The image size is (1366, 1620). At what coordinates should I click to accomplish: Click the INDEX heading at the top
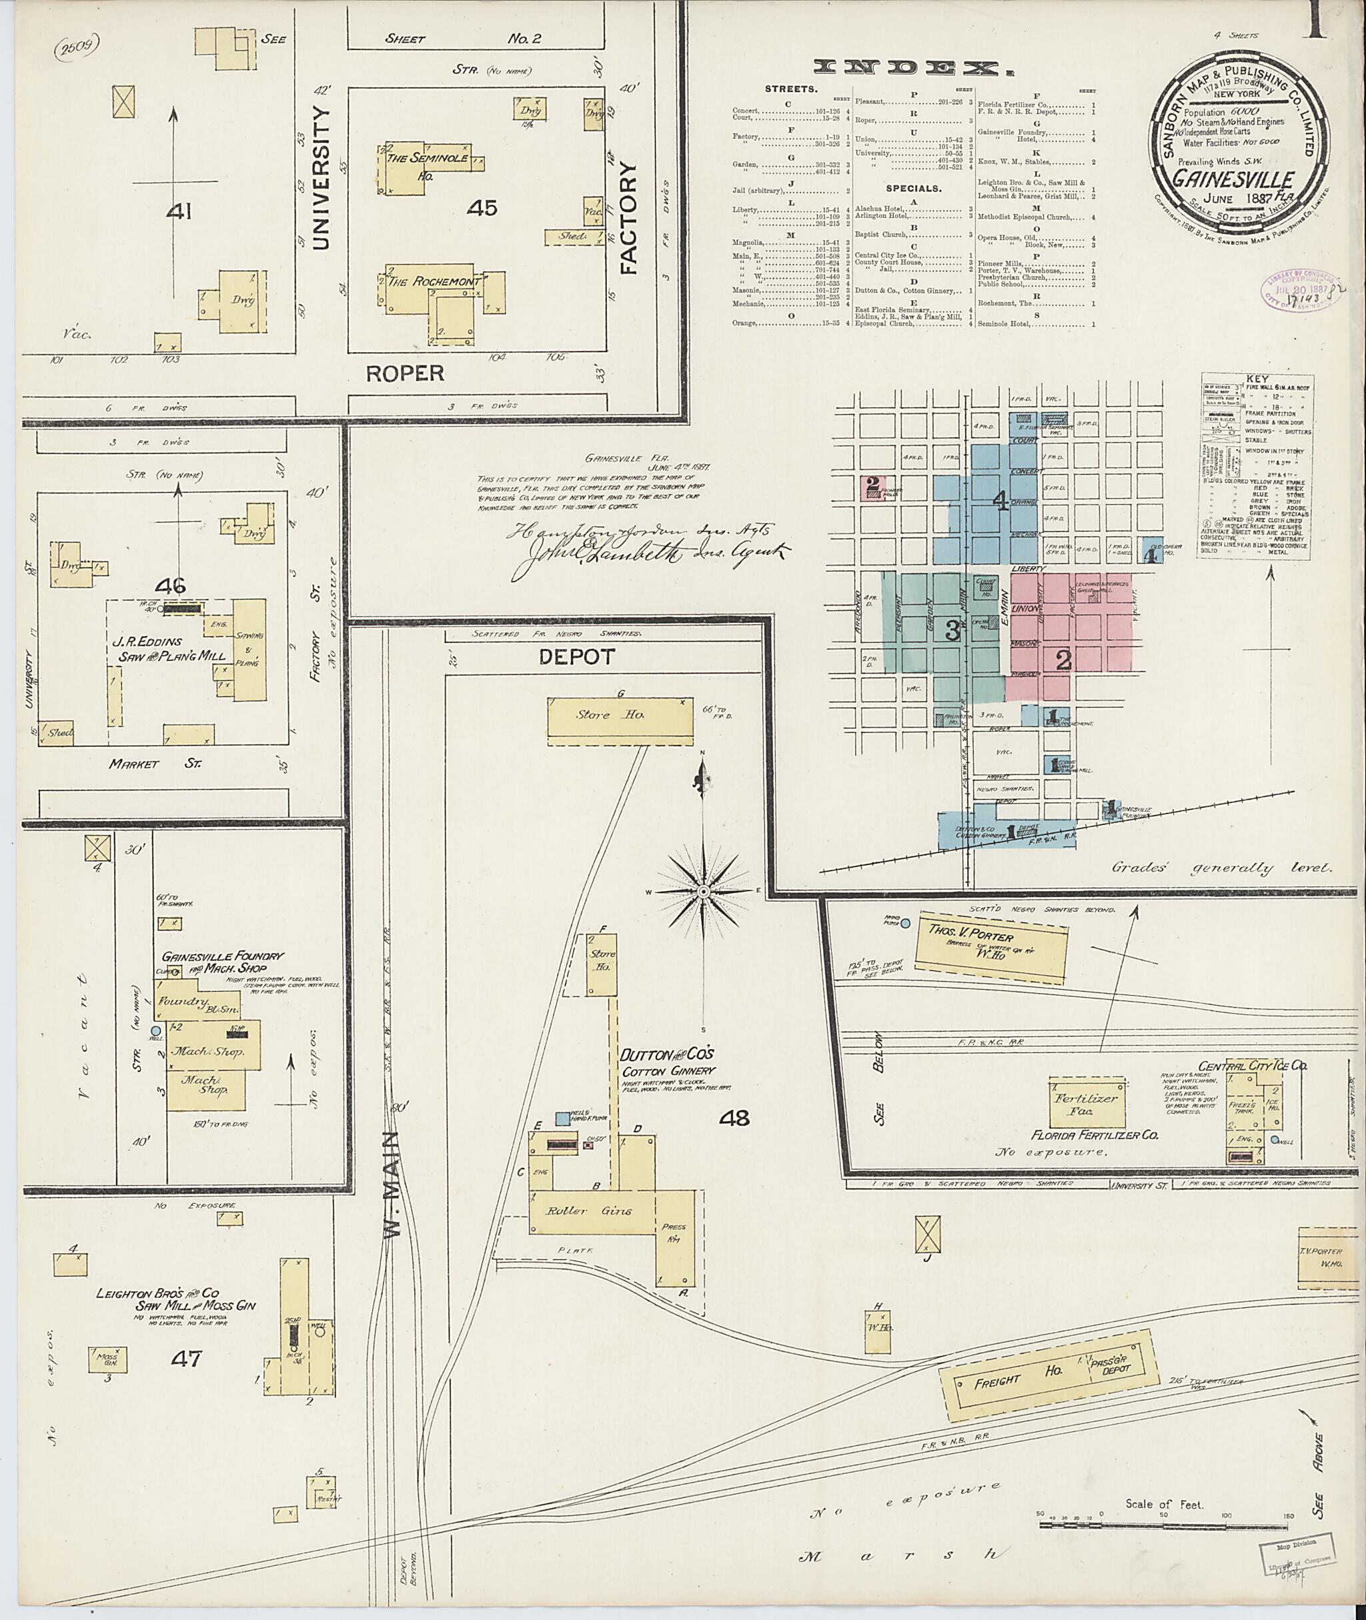click(914, 68)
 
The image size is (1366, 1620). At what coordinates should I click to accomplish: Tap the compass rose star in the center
click(703, 892)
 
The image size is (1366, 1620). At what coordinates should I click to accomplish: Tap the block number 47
click(185, 1357)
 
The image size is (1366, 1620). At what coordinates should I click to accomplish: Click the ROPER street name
click(405, 373)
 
